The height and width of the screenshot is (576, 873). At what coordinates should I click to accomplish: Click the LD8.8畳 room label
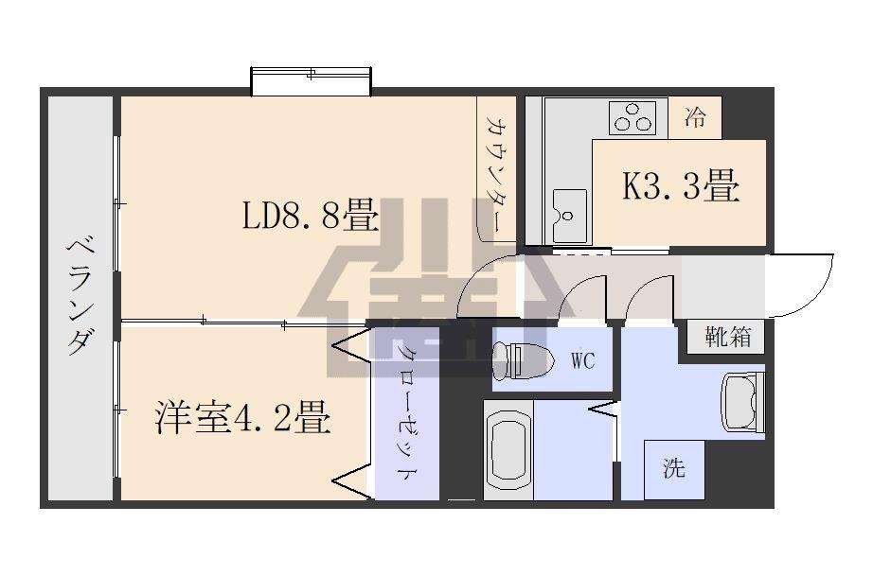click(x=311, y=215)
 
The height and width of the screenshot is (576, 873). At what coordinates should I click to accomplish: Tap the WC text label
click(x=583, y=360)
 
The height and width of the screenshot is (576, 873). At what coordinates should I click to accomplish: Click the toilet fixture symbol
click(x=524, y=359)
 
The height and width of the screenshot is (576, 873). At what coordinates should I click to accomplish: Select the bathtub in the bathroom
click(x=508, y=450)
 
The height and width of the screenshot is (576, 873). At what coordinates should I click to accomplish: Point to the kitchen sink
click(x=570, y=217)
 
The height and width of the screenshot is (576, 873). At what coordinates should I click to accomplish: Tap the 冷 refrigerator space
click(x=695, y=118)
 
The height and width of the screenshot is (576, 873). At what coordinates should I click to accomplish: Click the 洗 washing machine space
click(x=674, y=469)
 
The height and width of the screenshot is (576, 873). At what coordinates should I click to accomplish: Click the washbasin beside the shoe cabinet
click(x=743, y=401)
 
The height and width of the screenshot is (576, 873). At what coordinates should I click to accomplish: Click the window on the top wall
click(x=311, y=81)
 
